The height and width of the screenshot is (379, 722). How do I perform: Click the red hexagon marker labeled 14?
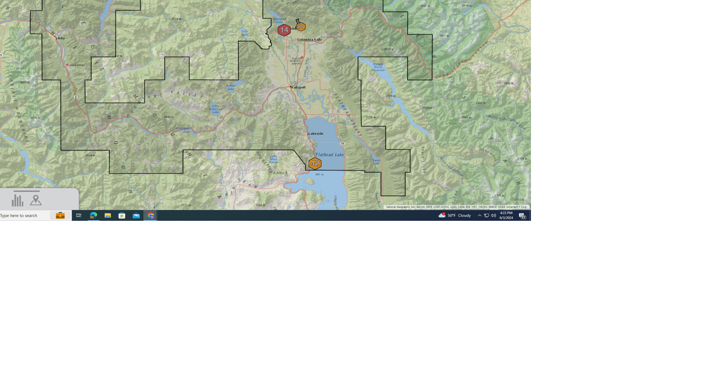[x=284, y=30]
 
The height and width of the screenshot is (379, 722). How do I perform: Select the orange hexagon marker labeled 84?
[x=301, y=26]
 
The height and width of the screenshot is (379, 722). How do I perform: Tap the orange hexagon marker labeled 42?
[x=315, y=163]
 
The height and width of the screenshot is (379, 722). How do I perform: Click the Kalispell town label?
[x=298, y=87]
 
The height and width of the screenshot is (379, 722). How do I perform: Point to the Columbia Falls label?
[x=309, y=39]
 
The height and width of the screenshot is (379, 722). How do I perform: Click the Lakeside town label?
[x=316, y=134]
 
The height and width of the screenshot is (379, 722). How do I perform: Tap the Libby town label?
[x=60, y=38]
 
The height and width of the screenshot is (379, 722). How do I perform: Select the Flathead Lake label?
[x=330, y=154]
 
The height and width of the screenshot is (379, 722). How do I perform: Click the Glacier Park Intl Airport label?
[x=296, y=61]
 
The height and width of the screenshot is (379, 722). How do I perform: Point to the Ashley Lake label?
[x=230, y=87]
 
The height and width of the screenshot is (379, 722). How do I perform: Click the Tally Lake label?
[x=244, y=32]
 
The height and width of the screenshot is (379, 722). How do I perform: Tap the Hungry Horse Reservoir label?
[x=378, y=67]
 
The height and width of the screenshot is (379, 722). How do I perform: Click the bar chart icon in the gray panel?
[x=18, y=200]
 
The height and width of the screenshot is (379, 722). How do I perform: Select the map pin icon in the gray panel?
[x=36, y=200]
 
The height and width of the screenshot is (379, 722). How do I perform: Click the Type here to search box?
[x=23, y=216]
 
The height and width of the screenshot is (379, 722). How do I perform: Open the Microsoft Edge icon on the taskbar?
[x=93, y=216]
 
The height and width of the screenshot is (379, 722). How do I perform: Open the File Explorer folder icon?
[x=108, y=216]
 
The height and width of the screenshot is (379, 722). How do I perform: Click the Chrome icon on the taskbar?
[x=151, y=216]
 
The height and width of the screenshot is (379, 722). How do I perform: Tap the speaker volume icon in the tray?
[x=493, y=216]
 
